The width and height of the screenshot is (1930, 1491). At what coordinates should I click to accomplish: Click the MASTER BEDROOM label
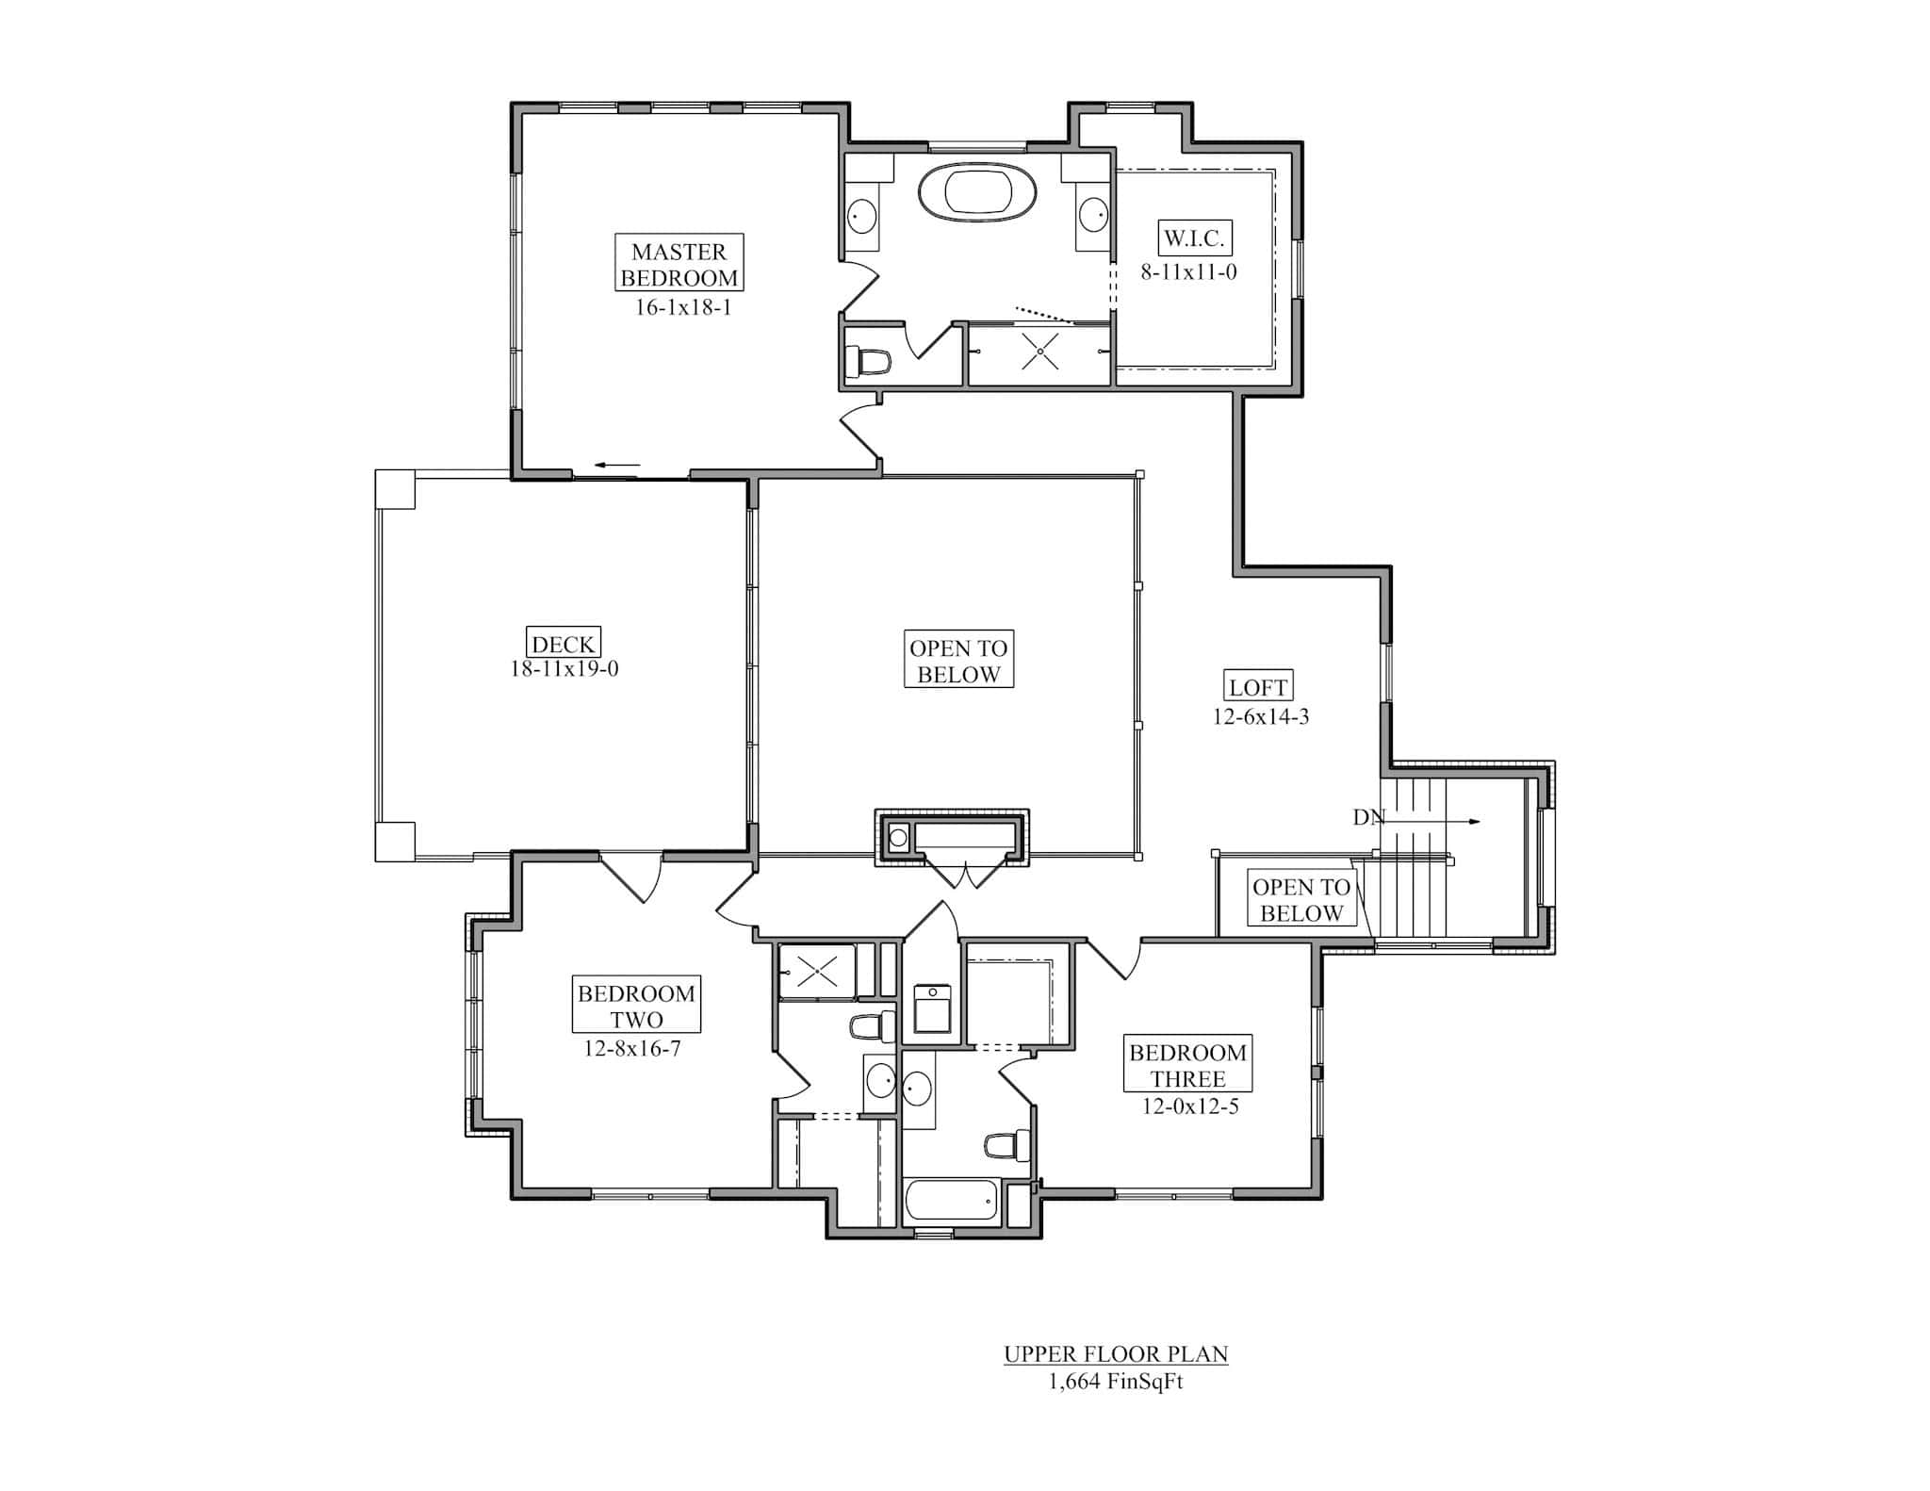[x=679, y=265]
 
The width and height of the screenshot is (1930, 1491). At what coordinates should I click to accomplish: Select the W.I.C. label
[x=1193, y=238]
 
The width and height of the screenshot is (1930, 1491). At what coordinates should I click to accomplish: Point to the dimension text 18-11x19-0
[x=564, y=670]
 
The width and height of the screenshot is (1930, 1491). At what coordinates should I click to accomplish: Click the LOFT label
[x=1258, y=688]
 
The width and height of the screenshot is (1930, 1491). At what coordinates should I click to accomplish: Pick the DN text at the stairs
[x=1368, y=818]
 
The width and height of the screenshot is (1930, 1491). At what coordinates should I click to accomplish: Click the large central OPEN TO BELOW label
[x=957, y=661]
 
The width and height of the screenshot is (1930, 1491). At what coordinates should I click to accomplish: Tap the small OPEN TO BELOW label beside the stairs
[x=1300, y=900]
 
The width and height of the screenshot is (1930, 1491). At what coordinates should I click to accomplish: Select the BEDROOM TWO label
[x=636, y=1006]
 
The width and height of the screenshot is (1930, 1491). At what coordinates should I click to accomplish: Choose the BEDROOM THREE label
[x=1187, y=1065]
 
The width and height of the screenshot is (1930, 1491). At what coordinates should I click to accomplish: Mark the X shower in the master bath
[x=1039, y=352]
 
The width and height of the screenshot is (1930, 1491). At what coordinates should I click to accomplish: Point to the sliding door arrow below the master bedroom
[x=616, y=465]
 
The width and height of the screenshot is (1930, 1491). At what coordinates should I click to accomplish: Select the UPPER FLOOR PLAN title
[x=1116, y=1355]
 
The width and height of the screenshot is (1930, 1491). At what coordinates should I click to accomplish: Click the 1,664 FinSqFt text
[x=1115, y=1383]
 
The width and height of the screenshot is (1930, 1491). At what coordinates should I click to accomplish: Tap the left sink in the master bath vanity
[x=861, y=216]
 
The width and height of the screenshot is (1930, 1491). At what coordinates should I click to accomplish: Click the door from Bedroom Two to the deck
[x=630, y=876]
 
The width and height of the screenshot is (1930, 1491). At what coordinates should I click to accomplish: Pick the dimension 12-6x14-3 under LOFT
[x=1260, y=717]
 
